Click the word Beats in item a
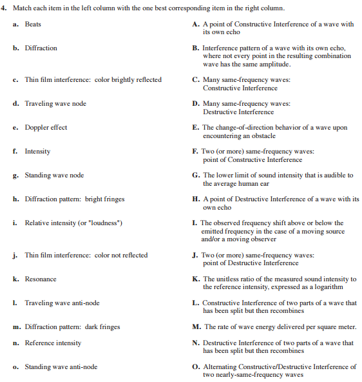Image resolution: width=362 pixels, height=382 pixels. coord(33,24)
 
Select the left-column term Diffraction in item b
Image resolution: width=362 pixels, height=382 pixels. coord(41,48)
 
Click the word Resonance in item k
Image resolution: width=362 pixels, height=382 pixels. coord(41,279)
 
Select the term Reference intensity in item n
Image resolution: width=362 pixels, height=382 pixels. coord(53,343)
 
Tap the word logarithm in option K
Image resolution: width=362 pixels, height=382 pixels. coord(327,286)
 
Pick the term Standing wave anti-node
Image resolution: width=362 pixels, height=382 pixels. coord(61,367)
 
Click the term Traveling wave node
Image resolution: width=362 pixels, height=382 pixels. coord(55,103)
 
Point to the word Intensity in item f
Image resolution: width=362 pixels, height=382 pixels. coord(37,151)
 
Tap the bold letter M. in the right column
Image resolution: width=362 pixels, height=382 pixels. coord(196,327)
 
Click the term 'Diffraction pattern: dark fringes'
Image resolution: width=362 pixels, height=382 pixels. coord(72,327)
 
